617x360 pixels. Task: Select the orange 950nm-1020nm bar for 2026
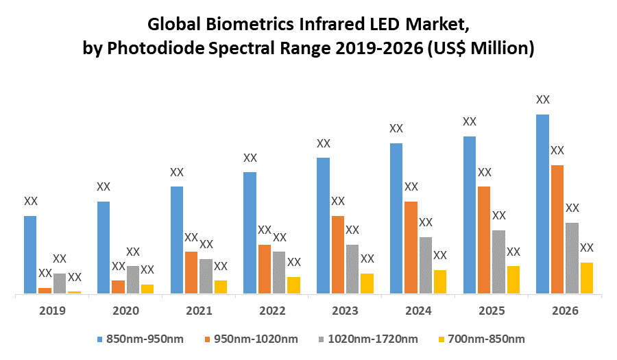(x=557, y=230)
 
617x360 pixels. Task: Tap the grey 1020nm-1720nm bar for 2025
(x=498, y=262)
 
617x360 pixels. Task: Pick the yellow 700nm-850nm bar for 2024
(x=440, y=282)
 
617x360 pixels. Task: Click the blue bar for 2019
(x=30, y=255)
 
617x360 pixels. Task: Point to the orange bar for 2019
(x=45, y=291)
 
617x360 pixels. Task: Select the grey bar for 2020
(x=132, y=280)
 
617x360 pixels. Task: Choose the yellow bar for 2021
(x=220, y=287)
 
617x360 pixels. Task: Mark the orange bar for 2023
(x=337, y=255)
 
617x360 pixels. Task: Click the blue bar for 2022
(x=250, y=233)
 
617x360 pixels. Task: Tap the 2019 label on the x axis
(x=52, y=311)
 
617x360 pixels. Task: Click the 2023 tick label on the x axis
(x=345, y=311)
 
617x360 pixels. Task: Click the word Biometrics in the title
(x=254, y=25)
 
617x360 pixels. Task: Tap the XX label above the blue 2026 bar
(x=542, y=100)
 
